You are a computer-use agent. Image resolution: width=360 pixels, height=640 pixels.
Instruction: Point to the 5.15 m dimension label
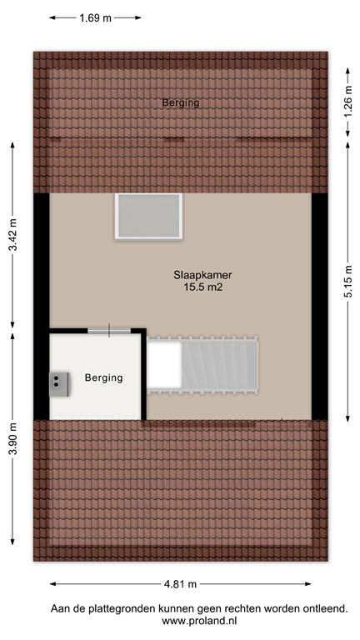tap(346, 285)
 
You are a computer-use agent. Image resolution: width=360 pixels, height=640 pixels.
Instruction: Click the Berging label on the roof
tap(180, 102)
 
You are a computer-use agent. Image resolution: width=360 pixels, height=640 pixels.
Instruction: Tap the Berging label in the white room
tap(103, 377)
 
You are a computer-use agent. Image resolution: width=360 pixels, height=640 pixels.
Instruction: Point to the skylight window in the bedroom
tap(148, 216)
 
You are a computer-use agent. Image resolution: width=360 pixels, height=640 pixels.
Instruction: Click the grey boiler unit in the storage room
tap(58, 382)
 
